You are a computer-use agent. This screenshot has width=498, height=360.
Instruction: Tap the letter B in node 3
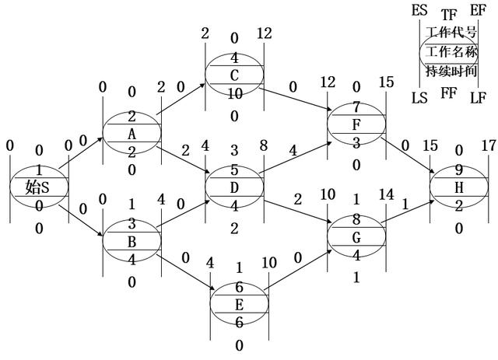(x=132, y=240)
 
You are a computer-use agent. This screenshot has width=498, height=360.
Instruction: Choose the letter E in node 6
(x=239, y=303)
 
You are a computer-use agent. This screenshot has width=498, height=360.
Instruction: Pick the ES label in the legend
(x=419, y=10)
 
